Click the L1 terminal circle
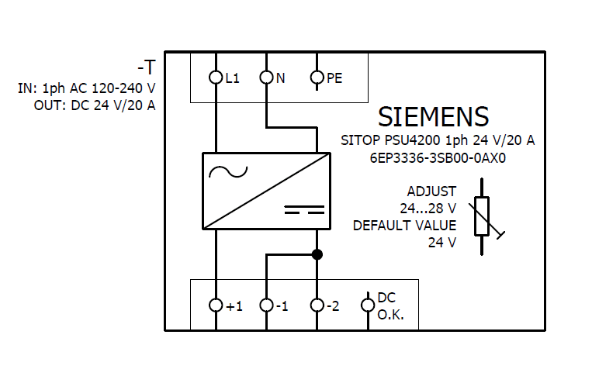click(216, 78)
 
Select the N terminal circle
click(266, 78)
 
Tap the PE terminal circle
click(317, 78)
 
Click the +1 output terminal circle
click(216, 305)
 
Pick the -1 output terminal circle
click(266, 305)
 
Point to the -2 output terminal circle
click(317, 305)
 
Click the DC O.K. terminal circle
click(368, 305)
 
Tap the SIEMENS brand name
click(433, 117)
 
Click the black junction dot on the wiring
click(317, 254)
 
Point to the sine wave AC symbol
click(227, 171)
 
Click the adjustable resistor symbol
click(482, 216)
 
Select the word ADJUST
click(431, 191)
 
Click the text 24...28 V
click(428, 209)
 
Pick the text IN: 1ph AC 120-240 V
click(86, 89)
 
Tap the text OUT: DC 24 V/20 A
click(95, 105)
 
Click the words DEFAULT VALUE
click(404, 226)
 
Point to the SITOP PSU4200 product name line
click(438, 141)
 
